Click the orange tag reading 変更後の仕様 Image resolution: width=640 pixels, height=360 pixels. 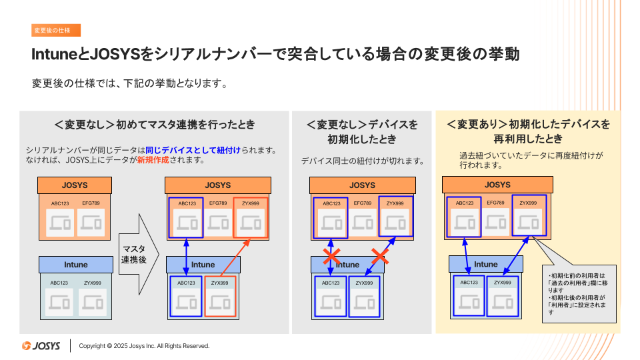(56, 30)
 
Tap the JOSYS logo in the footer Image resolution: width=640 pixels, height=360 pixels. (41, 346)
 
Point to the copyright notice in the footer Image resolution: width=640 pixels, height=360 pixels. (144, 346)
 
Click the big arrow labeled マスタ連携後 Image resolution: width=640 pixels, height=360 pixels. (138, 254)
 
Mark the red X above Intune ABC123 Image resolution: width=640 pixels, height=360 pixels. (332, 256)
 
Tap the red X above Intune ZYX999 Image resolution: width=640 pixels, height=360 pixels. (380, 255)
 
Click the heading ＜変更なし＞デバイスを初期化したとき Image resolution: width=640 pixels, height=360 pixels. (362, 132)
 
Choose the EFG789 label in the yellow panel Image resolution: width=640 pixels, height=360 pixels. (495, 203)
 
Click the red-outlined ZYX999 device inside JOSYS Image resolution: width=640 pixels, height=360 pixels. (251, 218)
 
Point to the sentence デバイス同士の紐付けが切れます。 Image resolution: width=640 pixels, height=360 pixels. (363, 161)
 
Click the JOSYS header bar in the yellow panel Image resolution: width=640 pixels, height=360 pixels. (497, 185)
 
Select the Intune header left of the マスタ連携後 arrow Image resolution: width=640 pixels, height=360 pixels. (75, 265)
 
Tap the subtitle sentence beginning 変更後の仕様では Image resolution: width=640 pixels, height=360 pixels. (131, 85)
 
